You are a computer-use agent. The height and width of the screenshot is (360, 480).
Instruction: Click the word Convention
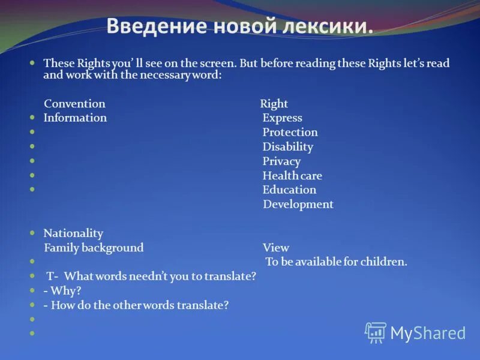74,104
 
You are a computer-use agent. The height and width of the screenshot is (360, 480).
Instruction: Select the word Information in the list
75,118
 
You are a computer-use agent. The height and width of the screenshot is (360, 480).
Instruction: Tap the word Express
282,118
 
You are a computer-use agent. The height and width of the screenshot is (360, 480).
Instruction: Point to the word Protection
290,133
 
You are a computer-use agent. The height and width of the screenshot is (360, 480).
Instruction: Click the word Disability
287,147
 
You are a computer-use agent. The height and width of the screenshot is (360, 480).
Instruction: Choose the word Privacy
281,161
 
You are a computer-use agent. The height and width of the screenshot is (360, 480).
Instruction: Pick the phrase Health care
292,176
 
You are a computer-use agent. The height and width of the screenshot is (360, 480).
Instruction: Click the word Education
289,190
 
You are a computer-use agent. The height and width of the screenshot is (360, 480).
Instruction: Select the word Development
298,205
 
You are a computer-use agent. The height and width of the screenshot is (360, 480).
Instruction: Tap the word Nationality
73,233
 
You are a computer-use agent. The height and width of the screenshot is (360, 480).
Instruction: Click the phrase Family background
94,248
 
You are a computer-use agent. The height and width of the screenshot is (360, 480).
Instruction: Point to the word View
275,248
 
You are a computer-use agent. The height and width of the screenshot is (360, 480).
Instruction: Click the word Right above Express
274,104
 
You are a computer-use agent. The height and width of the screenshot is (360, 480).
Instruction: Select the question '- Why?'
62,291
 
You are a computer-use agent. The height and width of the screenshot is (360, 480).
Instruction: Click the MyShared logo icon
376,332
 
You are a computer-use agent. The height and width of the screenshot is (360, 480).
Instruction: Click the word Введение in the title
153,26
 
